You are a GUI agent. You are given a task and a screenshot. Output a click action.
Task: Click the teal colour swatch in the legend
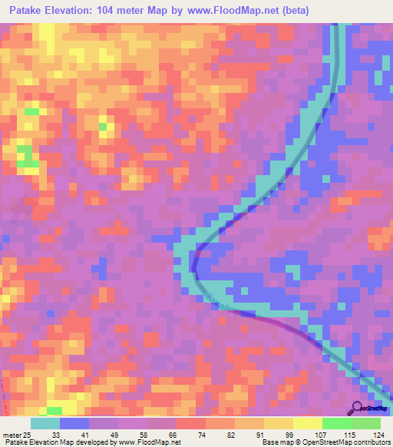coord(45,423)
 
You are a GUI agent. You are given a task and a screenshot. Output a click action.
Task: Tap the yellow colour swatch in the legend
coord(307,423)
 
